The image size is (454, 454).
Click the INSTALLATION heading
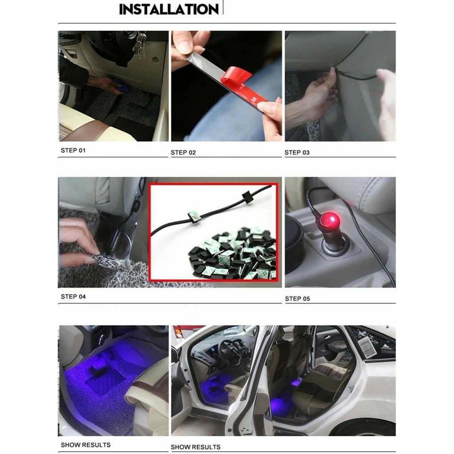[x=169, y=9]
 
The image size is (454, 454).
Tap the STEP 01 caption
[x=73, y=150]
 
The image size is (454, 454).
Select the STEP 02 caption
[x=183, y=153]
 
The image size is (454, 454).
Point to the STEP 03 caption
[x=297, y=153]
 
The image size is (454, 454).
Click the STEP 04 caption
[x=73, y=297]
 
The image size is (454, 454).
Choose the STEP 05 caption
[x=297, y=299]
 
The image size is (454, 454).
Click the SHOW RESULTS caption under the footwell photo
[x=86, y=445]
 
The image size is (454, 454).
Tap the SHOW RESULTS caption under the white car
[x=196, y=447]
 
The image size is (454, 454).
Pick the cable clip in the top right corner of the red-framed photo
[x=247, y=196]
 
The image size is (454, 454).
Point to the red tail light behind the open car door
[x=178, y=332]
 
